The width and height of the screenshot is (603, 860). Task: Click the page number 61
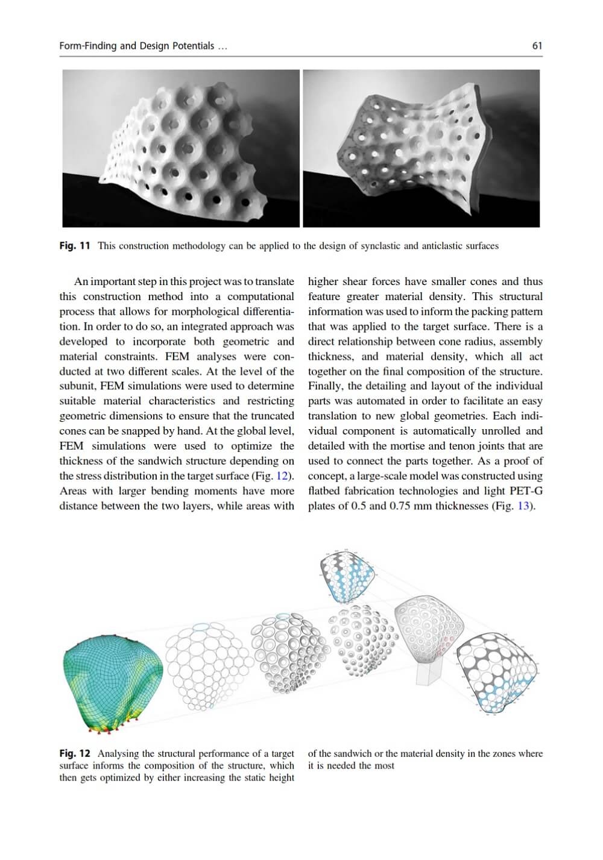coord(537,46)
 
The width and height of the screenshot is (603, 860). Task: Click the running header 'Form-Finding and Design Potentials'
coord(137,46)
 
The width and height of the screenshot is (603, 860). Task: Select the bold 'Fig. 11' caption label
coord(75,246)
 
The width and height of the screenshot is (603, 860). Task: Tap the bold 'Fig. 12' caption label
coord(75,753)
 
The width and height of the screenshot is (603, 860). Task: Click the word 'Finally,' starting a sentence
coord(326,386)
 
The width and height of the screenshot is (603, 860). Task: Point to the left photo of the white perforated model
coord(181,148)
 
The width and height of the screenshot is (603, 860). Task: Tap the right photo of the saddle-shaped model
coord(421,148)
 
